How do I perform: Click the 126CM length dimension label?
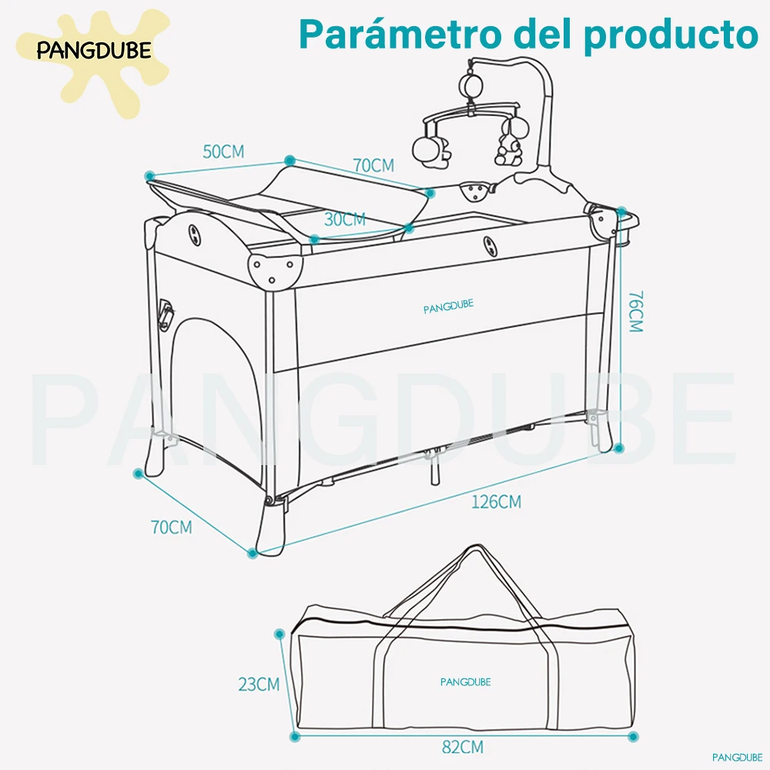(x=497, y=502)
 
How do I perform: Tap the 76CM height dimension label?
(x=634, y=312)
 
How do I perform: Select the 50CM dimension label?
(x=223, y=152)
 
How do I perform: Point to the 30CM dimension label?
(x=344, y=219)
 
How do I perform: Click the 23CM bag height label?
(x=258, y=684)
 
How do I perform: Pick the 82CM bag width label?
(x=463, y=747)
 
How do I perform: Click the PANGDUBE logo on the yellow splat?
(x=94, y=52)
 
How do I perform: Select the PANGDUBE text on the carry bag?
(x=465, y=681)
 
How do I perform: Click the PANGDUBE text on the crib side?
(x=448, y=306)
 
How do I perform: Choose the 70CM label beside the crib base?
(x=171, y=527)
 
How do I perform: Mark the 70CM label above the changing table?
(x=373, y=166)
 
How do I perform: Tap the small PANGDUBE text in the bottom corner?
(x=737, y=756)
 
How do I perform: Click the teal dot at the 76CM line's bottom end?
(x=620, y=447)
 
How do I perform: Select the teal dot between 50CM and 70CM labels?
(x=290, y=160)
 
